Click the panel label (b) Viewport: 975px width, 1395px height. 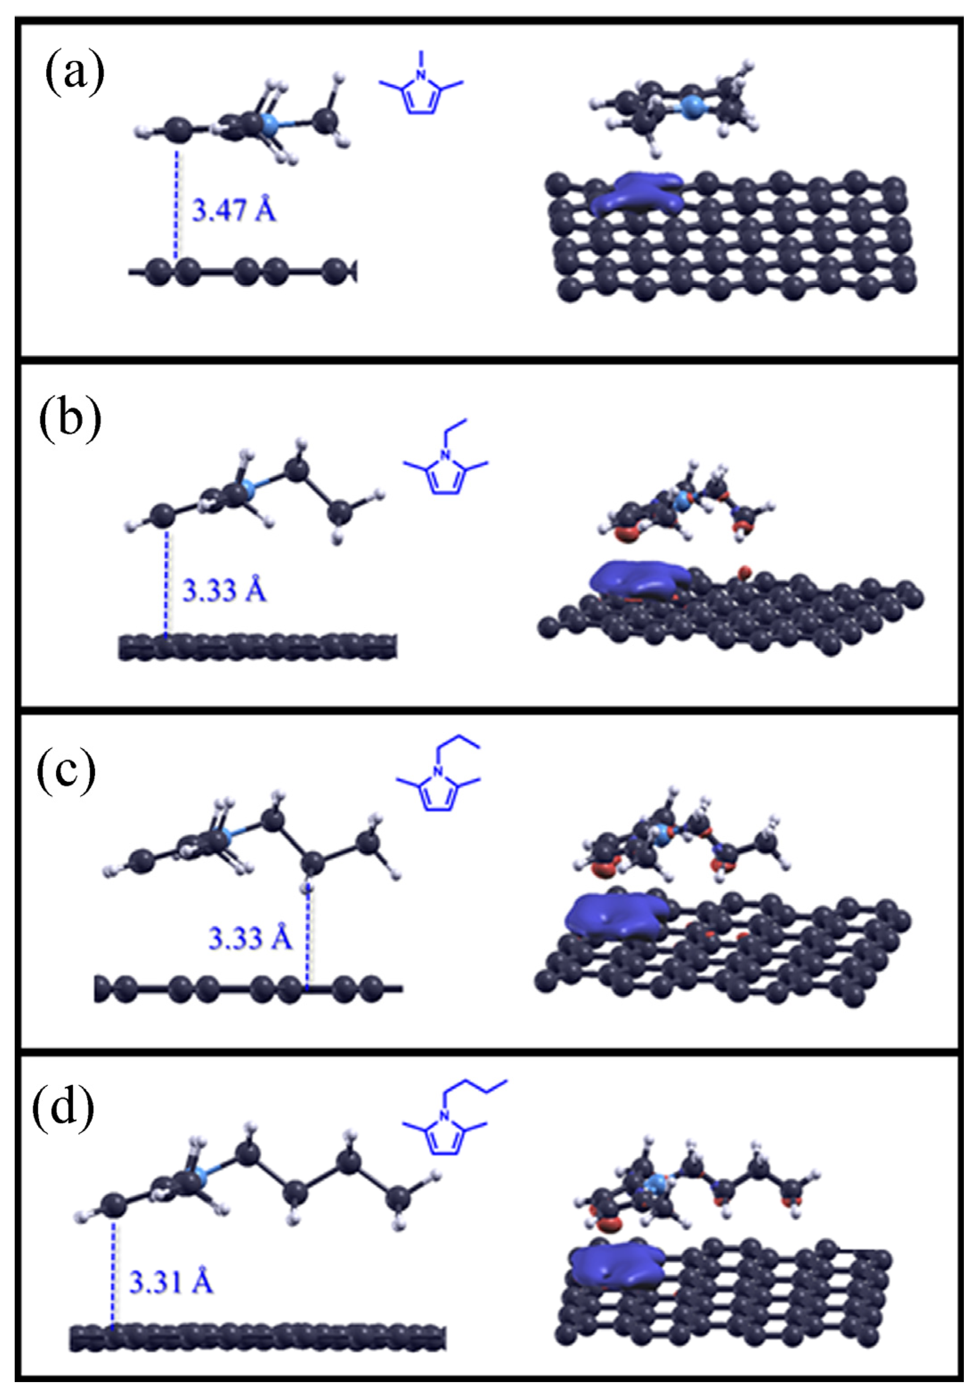click(x=70, y=421)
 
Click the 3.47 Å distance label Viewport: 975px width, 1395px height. click(x=234, y=210)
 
